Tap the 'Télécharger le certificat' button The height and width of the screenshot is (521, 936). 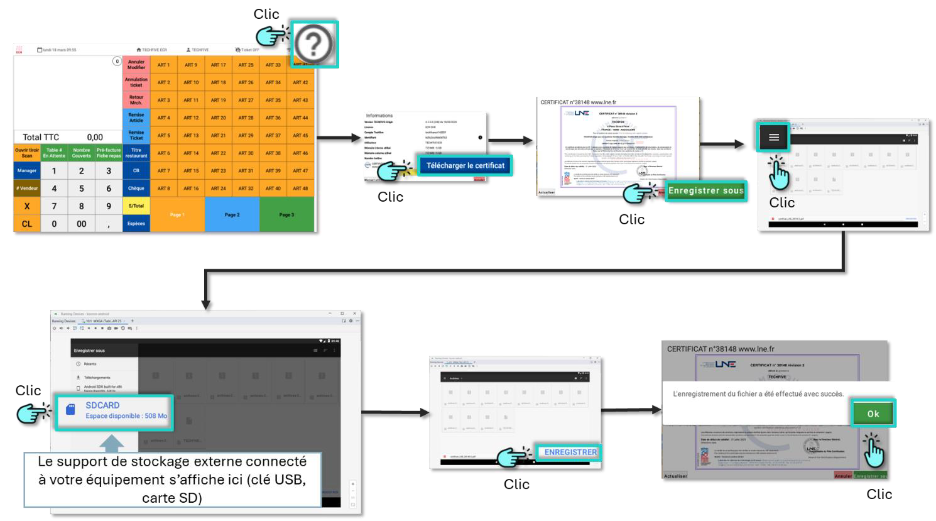point(465,165)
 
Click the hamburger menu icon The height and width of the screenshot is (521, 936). point(774,137)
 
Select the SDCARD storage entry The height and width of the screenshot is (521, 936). point(114,410)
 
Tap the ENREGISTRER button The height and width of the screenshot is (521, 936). point(570,452)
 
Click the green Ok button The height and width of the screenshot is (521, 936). point(873,414)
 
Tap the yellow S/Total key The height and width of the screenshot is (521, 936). point(136,206)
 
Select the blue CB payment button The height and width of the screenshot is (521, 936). point(136,170)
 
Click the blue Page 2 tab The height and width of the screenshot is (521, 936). point(232,214)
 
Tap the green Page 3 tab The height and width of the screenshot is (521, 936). point(286,214)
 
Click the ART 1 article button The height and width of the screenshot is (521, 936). point(163,65)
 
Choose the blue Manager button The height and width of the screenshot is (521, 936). point(27,170)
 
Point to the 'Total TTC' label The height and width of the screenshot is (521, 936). point(41,137)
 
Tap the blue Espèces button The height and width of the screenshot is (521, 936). point(136,223)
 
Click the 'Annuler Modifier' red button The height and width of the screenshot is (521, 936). point(136,65)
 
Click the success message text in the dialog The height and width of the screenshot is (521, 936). point(758,394)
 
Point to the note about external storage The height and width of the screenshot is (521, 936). point(172,479)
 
